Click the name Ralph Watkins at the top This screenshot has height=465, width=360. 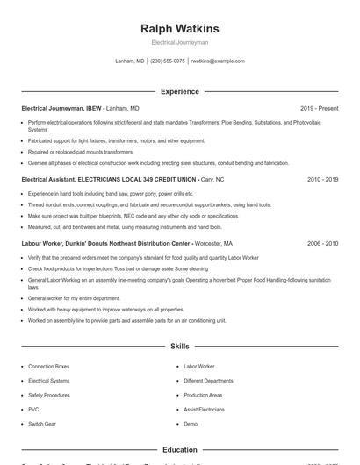click(179, 28)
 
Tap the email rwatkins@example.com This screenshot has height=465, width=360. click(218, 61)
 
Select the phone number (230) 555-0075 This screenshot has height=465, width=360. click(168, 61)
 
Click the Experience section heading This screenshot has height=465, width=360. click(179, 91)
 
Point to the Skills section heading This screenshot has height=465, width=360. click(179, 347)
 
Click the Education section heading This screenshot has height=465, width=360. click(179, 449)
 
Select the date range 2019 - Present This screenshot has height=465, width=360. click(320, 108)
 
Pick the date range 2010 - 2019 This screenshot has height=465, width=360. click(323, 178)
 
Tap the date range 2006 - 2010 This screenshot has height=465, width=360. click(323, 242)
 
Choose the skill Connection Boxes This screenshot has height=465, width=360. click(48, 366)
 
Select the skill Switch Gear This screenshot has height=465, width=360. click(41, 424)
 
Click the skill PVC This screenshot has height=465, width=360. click(33, 409)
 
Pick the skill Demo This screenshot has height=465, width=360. click(191, 424)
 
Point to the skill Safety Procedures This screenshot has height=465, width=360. click(49, 395)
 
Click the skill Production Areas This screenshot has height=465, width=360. click(203, 395)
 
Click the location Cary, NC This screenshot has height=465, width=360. click(212, 178)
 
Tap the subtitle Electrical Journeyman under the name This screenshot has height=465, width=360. click(179, 42)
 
